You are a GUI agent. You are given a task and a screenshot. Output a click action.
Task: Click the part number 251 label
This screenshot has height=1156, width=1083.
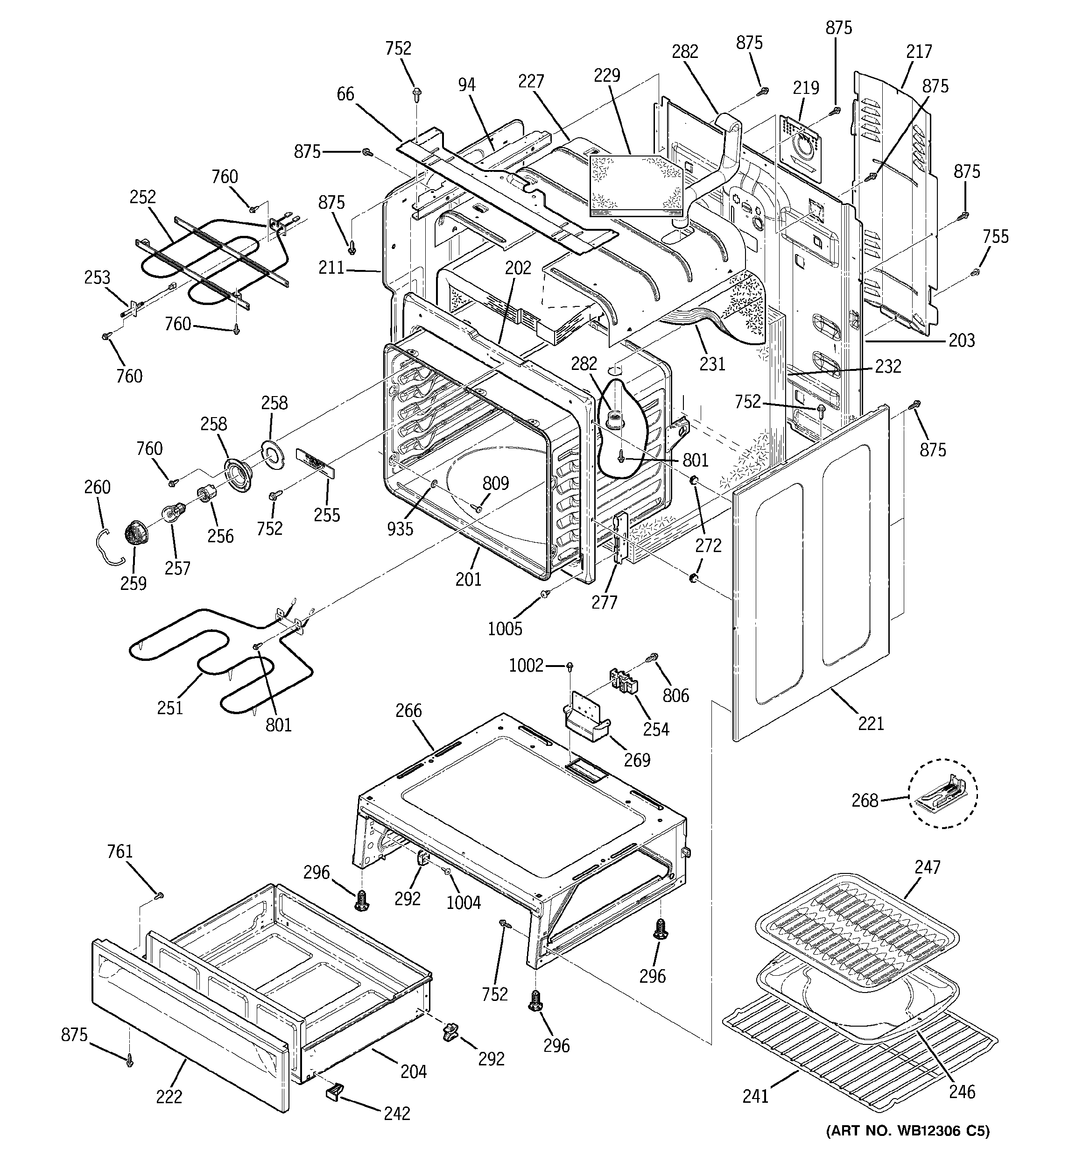tap(170, 708)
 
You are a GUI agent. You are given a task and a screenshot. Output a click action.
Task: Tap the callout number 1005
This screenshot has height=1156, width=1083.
tap(505, 629)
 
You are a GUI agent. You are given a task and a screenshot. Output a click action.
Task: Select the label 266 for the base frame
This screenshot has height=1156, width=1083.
tap(408, 710)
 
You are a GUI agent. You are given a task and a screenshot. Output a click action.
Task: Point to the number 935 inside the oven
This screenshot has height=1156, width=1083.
tap(400, 529)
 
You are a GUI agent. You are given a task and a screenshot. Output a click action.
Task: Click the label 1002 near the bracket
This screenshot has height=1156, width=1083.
tap(526, 665)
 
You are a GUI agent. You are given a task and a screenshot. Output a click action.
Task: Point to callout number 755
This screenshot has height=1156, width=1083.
tap(995, 237)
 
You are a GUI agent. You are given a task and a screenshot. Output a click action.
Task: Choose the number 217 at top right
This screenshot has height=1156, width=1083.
tap(919, 52)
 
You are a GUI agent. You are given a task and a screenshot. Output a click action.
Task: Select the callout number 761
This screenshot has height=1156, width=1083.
tap(120, 852)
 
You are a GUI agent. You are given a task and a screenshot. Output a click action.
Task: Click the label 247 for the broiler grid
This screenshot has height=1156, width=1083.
tap(927, 867)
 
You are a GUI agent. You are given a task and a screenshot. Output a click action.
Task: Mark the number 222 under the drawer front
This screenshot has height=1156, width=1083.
tap(169, 1097)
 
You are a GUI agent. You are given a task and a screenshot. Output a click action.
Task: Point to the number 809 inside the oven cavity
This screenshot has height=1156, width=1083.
tap(495, 483)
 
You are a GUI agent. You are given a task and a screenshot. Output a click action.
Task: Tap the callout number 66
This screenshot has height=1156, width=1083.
tap(345, 94)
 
